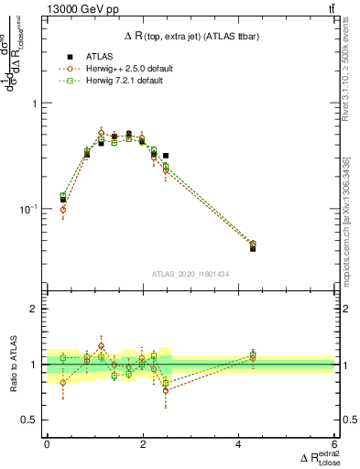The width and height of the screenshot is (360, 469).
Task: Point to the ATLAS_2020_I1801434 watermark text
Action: coord(190,274)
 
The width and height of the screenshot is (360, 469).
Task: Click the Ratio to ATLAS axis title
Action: coord(13,365)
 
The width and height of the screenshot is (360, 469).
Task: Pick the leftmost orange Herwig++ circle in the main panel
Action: coord(62,210)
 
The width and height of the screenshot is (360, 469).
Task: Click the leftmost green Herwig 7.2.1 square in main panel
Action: coord(62,196)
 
